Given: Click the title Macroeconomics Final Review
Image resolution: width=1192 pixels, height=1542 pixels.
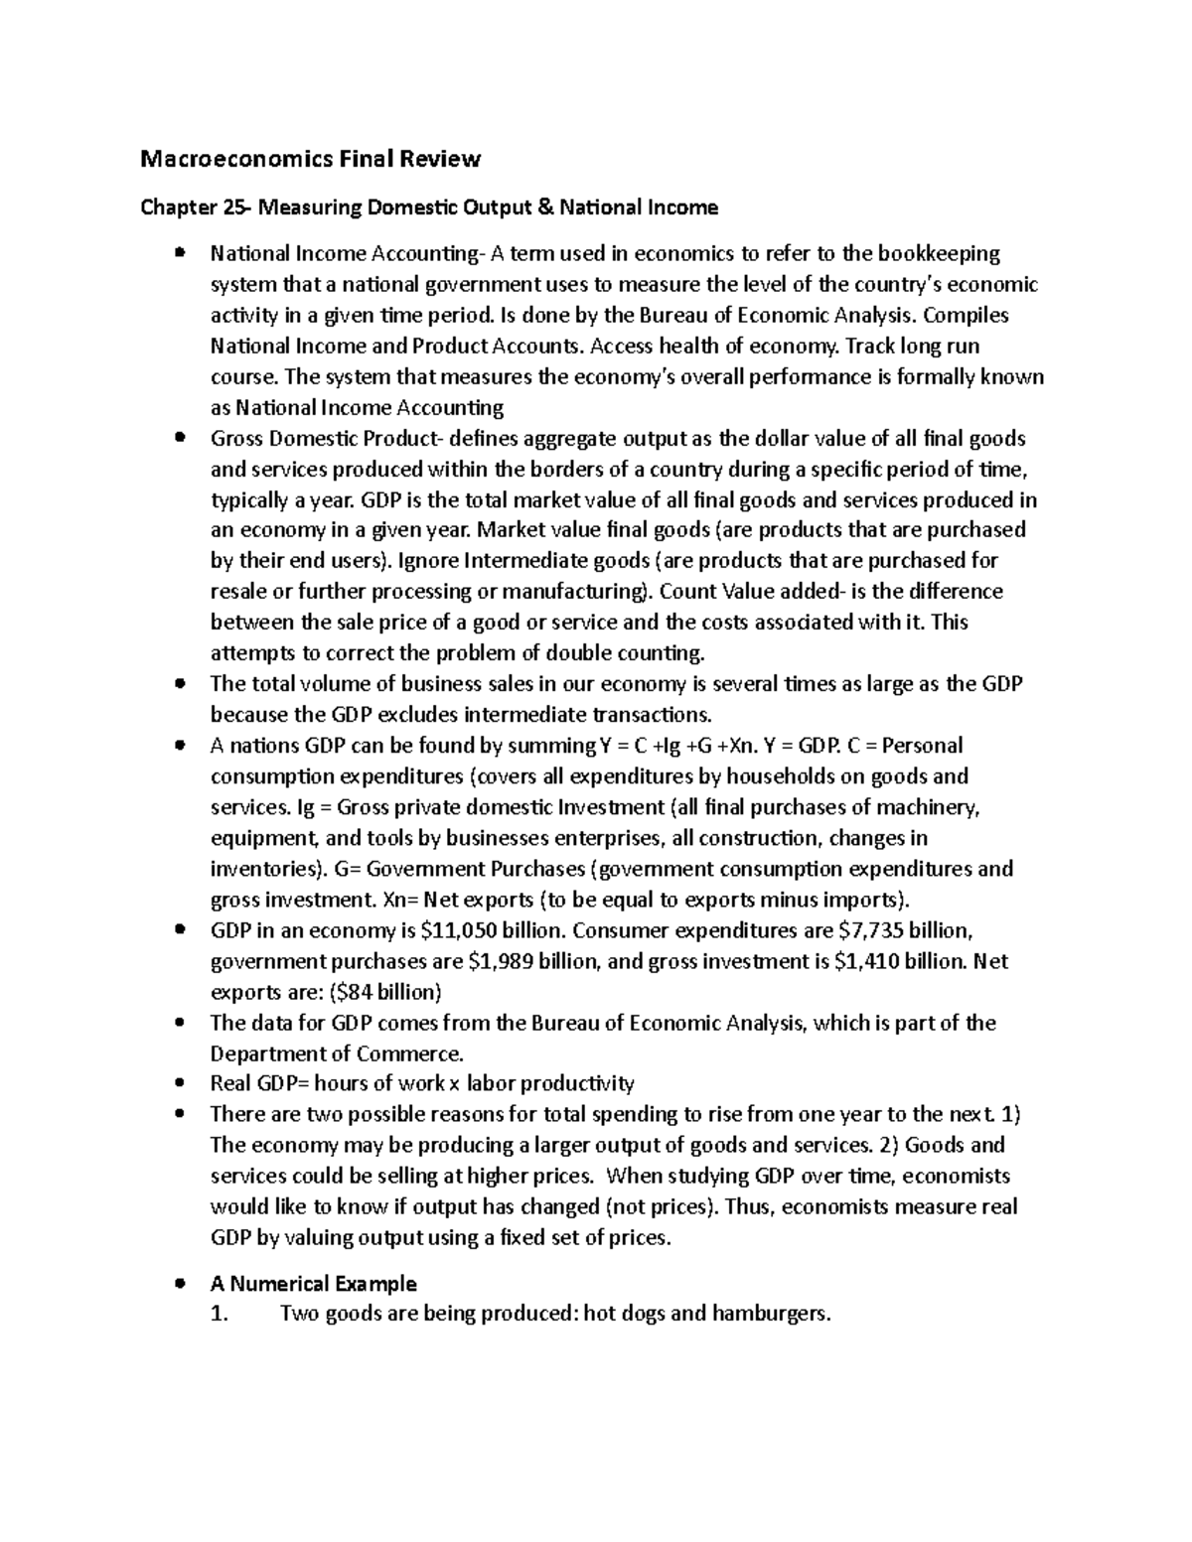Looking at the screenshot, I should tap(310, 159).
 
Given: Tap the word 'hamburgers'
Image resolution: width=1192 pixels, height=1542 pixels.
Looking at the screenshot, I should tap(775, 1314).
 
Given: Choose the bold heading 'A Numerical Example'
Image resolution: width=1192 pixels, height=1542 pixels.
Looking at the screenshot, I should tap(313, 1284).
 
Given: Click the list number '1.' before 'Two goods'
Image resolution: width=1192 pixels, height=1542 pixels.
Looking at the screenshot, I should tap(220, 1314).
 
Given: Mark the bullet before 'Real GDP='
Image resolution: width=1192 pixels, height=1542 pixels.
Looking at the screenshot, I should tap(180, 1083).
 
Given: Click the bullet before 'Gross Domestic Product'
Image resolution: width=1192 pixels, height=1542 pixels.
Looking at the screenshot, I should tap(180, 438).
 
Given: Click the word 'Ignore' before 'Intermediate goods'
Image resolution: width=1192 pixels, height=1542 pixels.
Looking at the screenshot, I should tap(426, 561).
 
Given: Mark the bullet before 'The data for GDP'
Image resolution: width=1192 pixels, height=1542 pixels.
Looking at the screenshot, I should tap(180, 1023).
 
